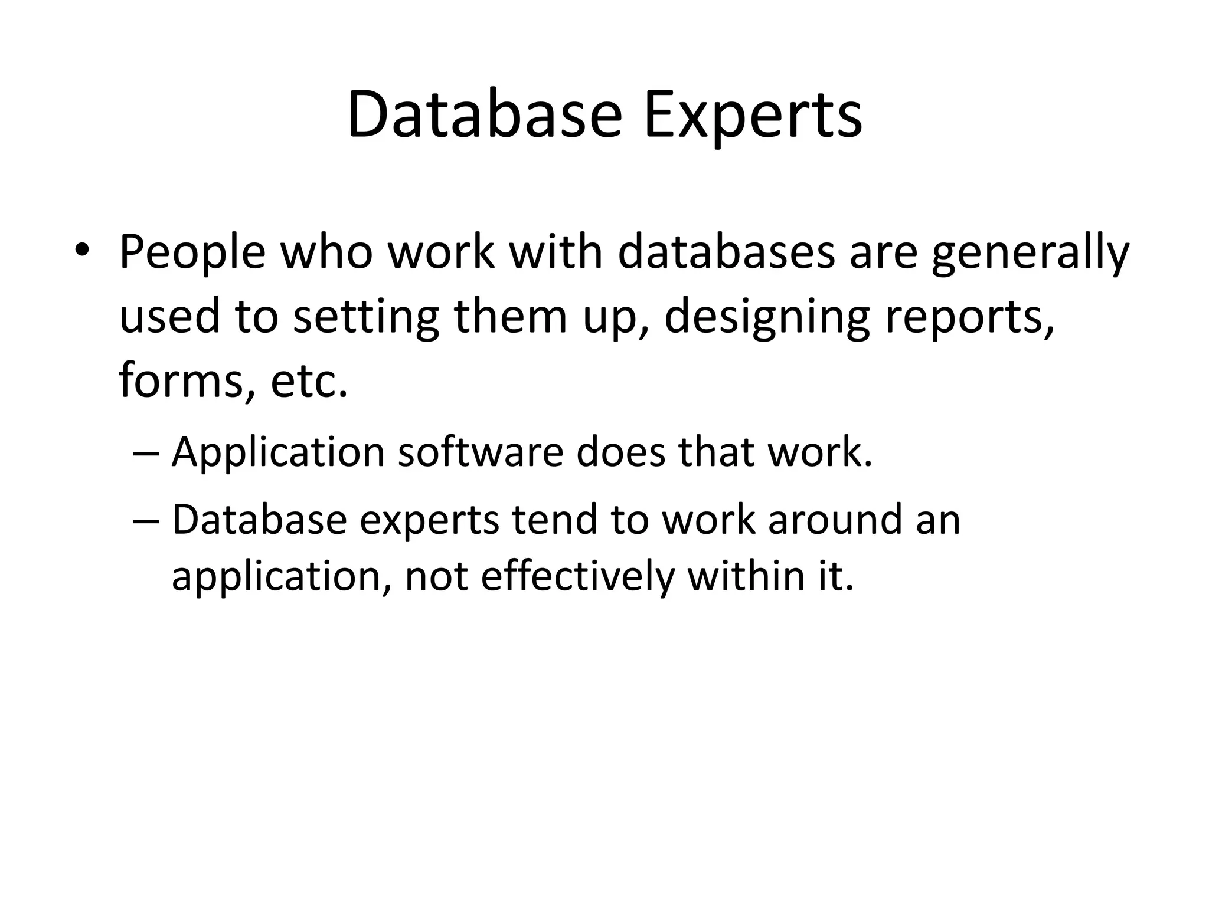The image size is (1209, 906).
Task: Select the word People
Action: tap(192, 252)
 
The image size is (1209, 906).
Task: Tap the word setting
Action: tap(366, 317)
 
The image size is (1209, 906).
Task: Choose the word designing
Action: tap(767, 317)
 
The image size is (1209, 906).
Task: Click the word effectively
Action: tap(577, 576)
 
